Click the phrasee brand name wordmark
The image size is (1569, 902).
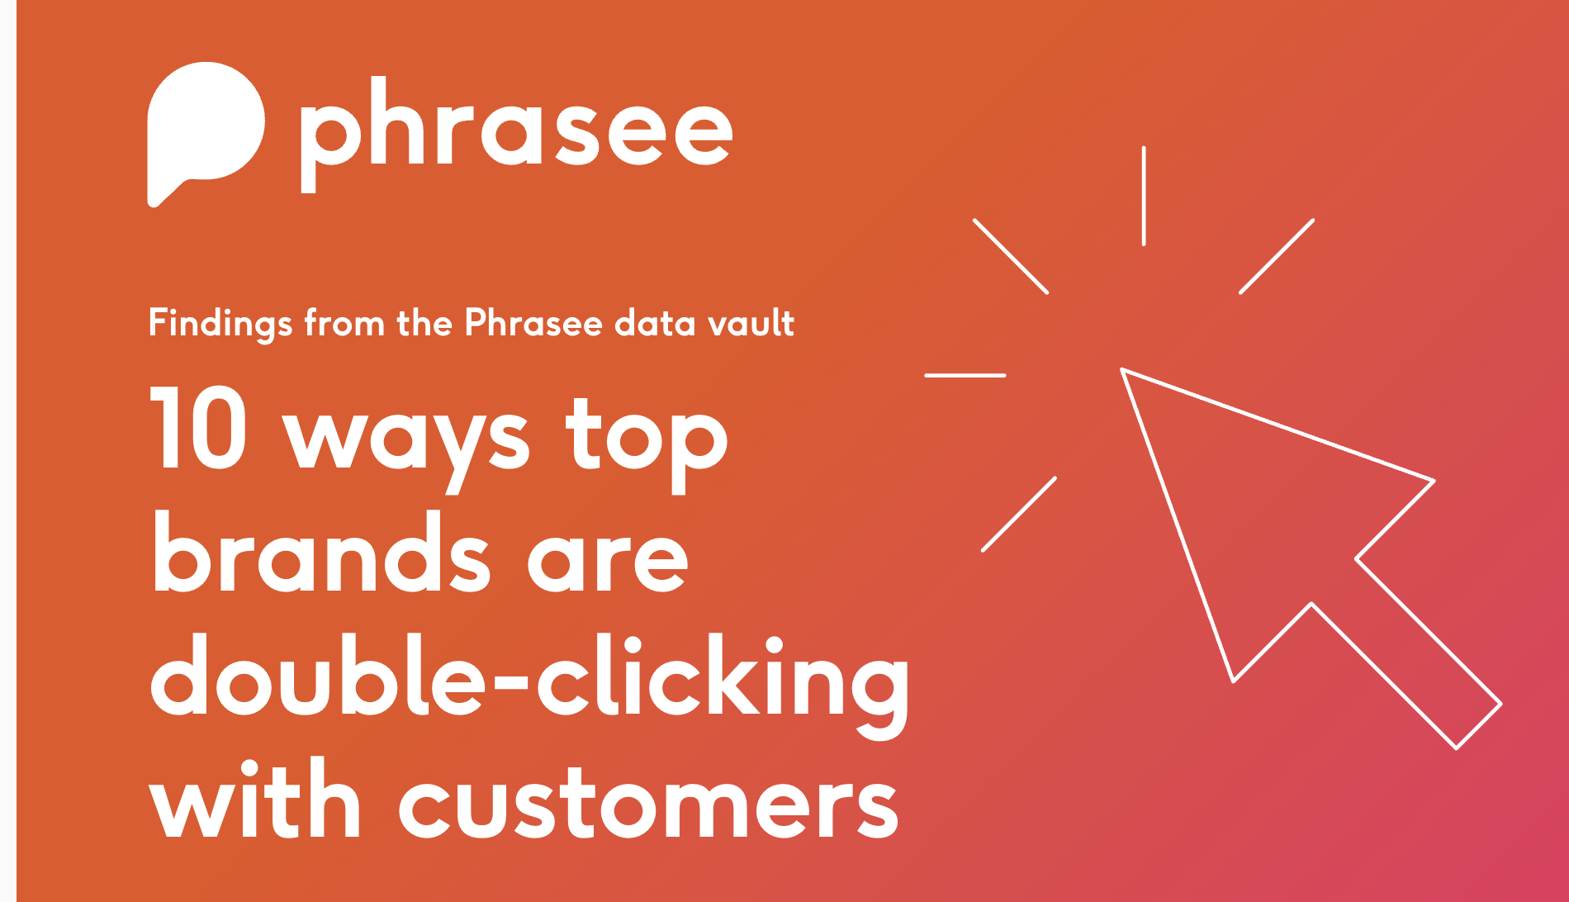tap(516, 134)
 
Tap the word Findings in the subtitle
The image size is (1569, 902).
tap(220, 323)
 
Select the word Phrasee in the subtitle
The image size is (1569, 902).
tap(533, 322)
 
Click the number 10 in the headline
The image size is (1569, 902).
tap(198, 427)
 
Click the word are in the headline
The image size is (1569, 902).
tap(608, 562)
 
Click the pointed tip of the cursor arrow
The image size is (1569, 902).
tap(1122, 370)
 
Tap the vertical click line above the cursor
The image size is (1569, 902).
tap(1144, 196)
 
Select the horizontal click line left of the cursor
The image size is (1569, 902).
tap(965, 375)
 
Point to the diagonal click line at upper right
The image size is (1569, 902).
tap(1277, 256)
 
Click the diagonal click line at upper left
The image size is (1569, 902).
tap(1011, 256)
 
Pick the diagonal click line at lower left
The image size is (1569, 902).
tap(1019, 514)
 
